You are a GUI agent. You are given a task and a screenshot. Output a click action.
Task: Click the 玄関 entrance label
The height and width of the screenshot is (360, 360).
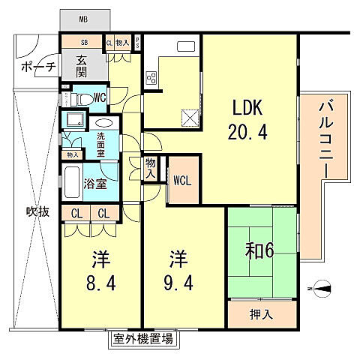pos(83,68)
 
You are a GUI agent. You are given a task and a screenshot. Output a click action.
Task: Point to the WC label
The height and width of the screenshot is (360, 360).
pos(99,98)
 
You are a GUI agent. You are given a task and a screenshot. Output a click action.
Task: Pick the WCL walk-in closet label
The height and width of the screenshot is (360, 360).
pos(182,180)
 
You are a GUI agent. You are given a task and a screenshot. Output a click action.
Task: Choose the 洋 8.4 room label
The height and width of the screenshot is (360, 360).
pos(100,273)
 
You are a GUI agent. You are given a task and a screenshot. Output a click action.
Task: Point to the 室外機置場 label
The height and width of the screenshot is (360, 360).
pos(143,340)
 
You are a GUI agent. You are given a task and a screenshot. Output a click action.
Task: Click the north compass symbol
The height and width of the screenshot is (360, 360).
pos(321,286)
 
